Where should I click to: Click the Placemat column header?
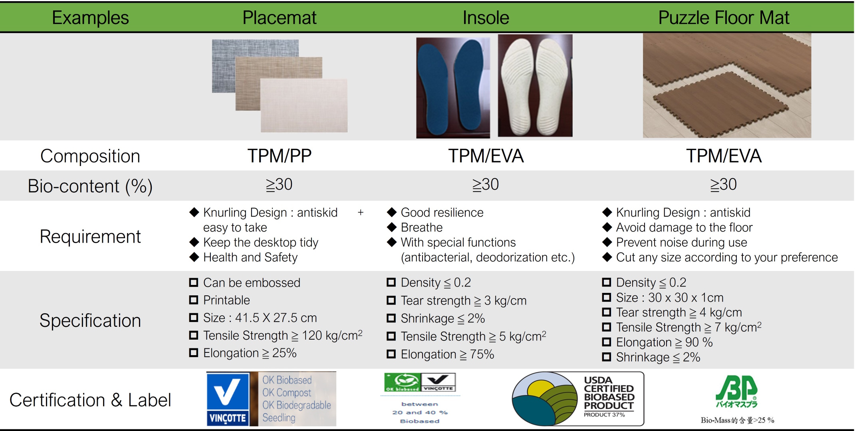(x=280, y=18)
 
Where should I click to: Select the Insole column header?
(x=486, y=18)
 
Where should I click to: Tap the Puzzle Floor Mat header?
(x=724, y=18)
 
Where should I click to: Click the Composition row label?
(x=90, y=156)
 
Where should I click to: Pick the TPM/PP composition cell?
(x=280, y=156)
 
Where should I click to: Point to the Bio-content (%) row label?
(x=90, y=186)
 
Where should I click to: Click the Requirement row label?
(x=90, y=237)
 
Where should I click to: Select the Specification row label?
(x=90, y=320)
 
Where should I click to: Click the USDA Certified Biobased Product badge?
(x=578, y=399)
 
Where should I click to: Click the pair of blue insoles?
(x=453, y=88)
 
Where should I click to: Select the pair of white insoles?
(x=535, y=86)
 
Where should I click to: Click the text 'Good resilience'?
(x=442, y=212)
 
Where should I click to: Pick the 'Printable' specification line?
(x=226, y=300)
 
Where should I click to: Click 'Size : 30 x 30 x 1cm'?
(x=670, y=297)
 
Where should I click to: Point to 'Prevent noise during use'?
(x=681, y=242)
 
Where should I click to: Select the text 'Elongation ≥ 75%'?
(x=447, y=354)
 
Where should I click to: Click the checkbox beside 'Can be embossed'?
(x=194, y=283)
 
